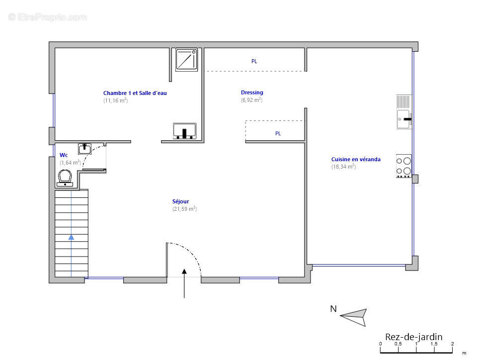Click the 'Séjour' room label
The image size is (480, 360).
tap(180, 201)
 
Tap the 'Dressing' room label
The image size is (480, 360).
tap(251, 92)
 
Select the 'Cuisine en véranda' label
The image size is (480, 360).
tap(356, 159)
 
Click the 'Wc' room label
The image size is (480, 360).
tap(64, 155)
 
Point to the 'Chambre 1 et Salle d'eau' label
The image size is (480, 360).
tap(135, 93)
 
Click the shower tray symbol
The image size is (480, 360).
tap(186, 60)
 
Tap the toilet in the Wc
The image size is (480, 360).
tap(65, 178)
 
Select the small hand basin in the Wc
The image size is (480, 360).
tap(84, 149)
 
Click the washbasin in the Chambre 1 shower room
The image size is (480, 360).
tap(184, 131)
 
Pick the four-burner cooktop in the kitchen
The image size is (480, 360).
tap(403, 166)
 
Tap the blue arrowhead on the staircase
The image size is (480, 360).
tap(72, 237)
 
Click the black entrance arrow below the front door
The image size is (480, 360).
tap(184, 283)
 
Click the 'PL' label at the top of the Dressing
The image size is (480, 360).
tap(254, 61)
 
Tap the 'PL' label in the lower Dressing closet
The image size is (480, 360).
tap(278, 134)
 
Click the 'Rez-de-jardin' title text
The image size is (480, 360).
tap(413, 337)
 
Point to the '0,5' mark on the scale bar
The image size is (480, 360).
tap(398, 344)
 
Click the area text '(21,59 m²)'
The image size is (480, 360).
tap(184, 209)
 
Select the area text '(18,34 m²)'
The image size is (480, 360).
tap(343, 167)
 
